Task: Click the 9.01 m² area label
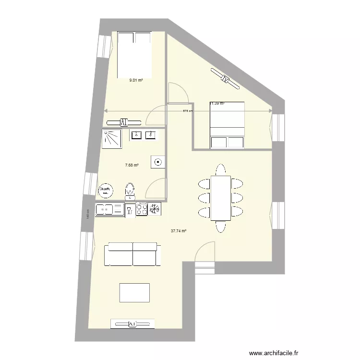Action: [x=136, y=81]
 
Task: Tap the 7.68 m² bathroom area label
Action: [x=132, y=166]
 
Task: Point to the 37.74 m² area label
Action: [x=179, y=231]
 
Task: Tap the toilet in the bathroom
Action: [x=130, y=191]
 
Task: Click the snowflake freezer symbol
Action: [x=154, y=209]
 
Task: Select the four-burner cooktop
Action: [x=142, y=209]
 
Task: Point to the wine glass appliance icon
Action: [x=130, y=210]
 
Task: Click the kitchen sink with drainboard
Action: [x=110, y=209]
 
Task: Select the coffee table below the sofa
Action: [x=134, y=292]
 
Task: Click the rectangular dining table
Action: [x=220, y=198]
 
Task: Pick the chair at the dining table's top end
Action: [x=220, y=169]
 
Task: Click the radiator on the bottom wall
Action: [x=132, y=324]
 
